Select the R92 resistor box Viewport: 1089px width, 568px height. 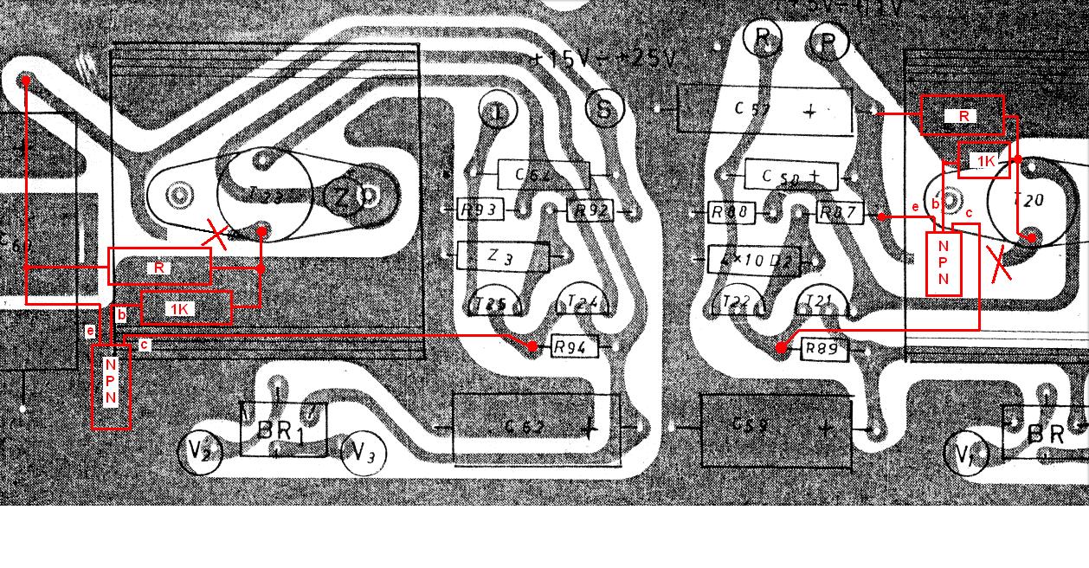[x=592, y=210]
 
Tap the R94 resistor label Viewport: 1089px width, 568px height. [x=574, y=347]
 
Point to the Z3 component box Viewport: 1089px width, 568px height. [x=503, y=256]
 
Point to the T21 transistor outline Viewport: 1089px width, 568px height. [x=819, y=300]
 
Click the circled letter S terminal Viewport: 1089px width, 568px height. [x=604, y=109]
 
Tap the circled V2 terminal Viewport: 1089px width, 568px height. [x=199, y=450]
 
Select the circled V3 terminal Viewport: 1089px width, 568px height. [x=363, y=453]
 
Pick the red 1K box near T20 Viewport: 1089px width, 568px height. [x=984, y=161]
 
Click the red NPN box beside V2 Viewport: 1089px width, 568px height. [x=111, y=385]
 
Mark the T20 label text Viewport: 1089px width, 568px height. [x=1033, y=201]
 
